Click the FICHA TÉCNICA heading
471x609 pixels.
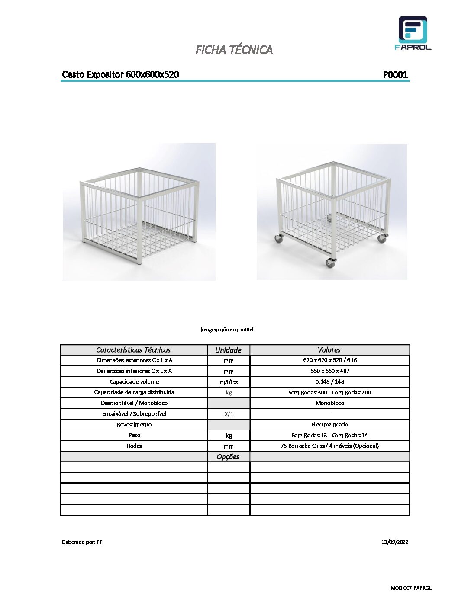pyautogui.click(x=234, y=50)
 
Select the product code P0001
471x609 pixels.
pyautogui.click(x=395, y=75)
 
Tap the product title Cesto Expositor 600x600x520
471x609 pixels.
pyautogui.click(x=120, y=74)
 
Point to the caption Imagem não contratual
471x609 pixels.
pyautogui.click(x=227, y=330)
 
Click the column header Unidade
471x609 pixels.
pyautogui.click(x=228, y=350)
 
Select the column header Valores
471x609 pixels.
pyautogui.click(x=329, y=350)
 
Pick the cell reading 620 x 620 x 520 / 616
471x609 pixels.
pyautogui.click(x=330, y=360)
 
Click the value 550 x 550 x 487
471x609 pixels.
pyautogui.click(x=330, y=371)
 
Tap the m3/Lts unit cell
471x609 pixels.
pyautogui.click(x=229, y=382)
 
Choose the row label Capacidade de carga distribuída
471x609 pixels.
pyautogui.click(x=134, y=392)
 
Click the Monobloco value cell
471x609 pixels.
pyautogui.click(x=330, y=403)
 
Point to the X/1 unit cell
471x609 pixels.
pyautogui.click(x=229, y=414)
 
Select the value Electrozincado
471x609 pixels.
pyautogui.click(x=330, y=425)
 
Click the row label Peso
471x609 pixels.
pyautogui.click(x=134, y=435)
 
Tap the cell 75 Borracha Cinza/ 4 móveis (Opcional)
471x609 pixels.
pyautogui.click(x=329, y=446)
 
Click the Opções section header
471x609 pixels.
pyautogui.click(x=228, y=457)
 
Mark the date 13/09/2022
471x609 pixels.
pyautogui.click(x=394, y=542)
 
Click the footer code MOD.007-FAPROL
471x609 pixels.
pyautogui.click(x=410, y=588)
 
